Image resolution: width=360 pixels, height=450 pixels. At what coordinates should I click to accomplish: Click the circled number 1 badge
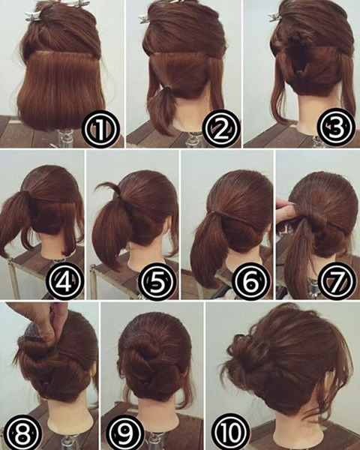point(100,129)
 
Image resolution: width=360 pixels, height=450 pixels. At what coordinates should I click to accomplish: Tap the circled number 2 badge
point(220,128)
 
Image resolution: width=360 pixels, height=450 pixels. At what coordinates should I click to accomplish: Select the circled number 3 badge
point(334,127)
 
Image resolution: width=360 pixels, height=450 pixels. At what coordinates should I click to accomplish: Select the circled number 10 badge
point(230,433)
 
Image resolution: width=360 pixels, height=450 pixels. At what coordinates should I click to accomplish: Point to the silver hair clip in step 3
point(276,16)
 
